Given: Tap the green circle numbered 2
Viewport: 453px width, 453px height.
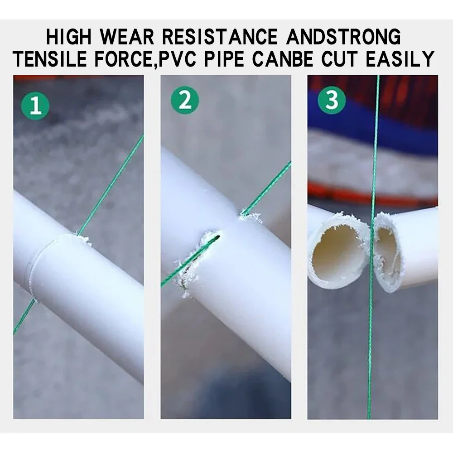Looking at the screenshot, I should click(184, 101).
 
